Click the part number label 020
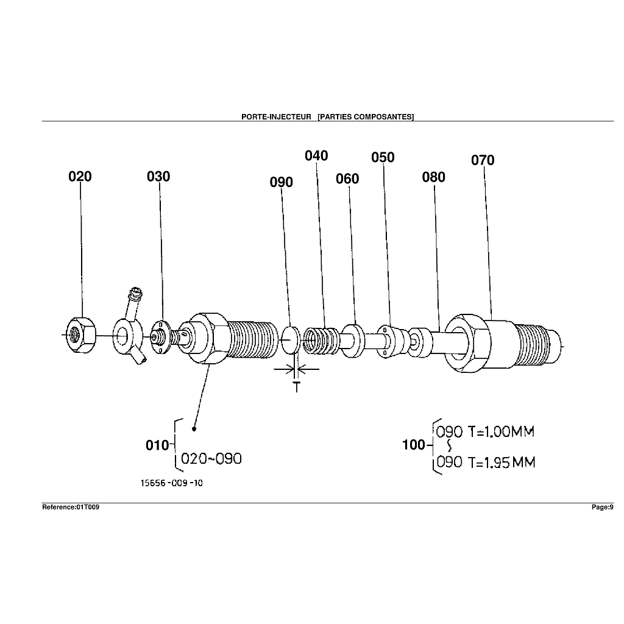[80, 177]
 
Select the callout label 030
[158, 177]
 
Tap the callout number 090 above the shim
[281, 182]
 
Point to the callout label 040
[316, 156]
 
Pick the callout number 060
[347, 179]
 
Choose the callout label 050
[383, 158]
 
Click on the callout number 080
[433, 177]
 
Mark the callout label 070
[483, 161]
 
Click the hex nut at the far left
[80, 335]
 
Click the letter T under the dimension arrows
[297, 386]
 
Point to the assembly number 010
[157, 445]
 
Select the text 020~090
[211, 459]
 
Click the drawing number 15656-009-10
[172, 483]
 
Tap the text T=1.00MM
[501, 432]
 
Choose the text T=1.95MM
[502, 463]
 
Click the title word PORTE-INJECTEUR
[276, 116]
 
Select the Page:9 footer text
[602, 507]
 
